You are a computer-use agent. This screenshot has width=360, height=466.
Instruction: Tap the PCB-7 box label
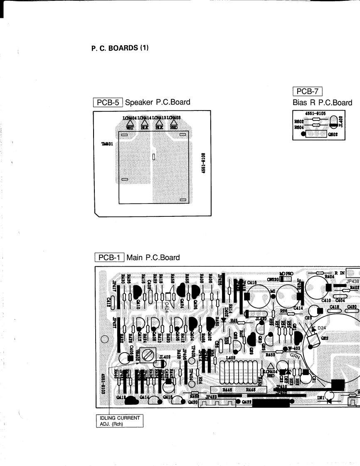308,91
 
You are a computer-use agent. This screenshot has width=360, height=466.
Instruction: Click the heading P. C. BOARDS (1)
120,48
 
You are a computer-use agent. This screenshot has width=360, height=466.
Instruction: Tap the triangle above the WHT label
128,123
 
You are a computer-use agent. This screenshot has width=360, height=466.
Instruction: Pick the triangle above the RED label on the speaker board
174,123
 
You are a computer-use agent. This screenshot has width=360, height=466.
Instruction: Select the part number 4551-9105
315,113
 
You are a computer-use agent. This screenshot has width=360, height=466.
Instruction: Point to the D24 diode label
323,328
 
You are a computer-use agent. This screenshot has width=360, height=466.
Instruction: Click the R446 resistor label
227,390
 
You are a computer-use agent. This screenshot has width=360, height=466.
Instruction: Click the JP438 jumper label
353,280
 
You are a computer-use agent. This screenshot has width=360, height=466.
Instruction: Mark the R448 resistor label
251,390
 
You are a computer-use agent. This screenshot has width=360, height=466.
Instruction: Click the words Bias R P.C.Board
322,103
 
